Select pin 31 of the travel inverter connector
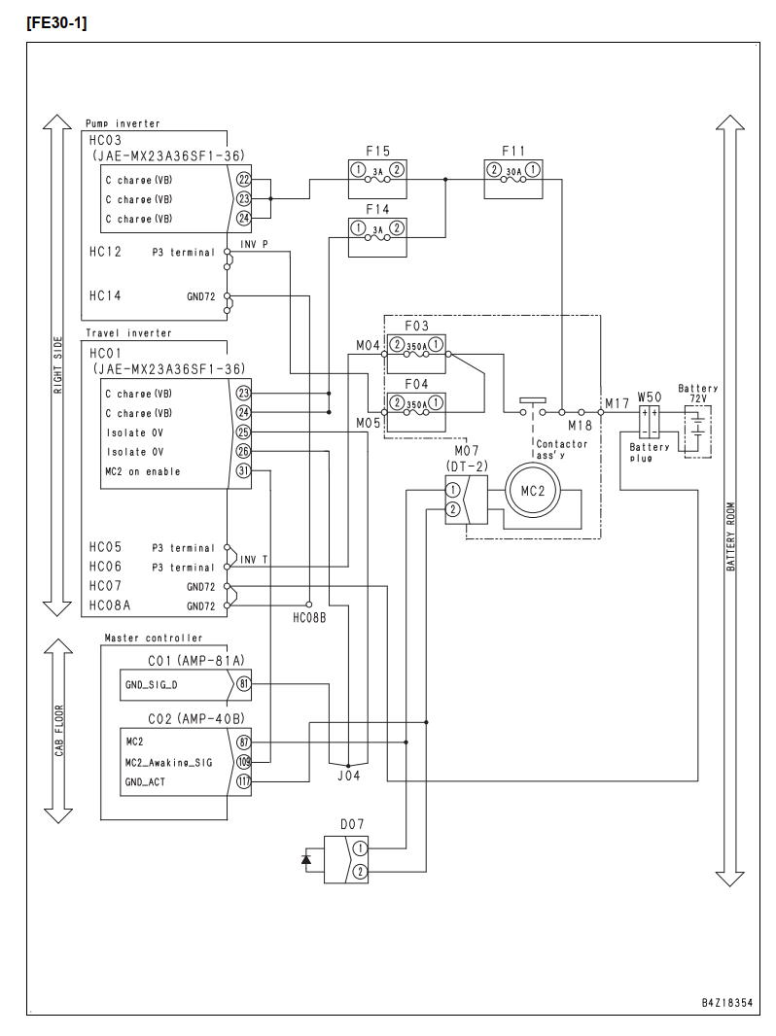243,471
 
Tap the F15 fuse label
377,152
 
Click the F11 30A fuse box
512,179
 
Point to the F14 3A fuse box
377,237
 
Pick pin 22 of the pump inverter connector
243,180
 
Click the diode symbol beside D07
306,859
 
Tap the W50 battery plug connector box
649,422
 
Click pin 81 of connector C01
243,684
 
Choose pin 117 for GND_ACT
243,781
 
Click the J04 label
349,776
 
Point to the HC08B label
309,618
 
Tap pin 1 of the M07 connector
453,490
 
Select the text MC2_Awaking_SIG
168,763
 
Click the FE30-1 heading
56,23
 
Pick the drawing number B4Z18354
726,1002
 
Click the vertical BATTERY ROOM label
730,536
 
